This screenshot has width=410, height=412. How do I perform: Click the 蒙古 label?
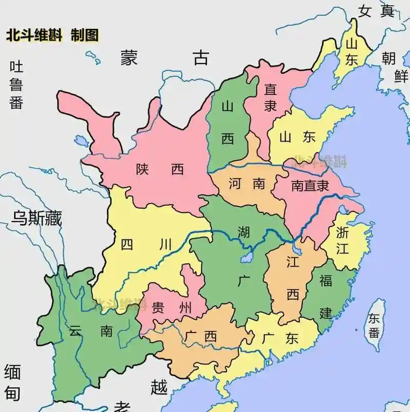(x=165, y=57)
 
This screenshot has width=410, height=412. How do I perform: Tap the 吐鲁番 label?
(x=16, y=85)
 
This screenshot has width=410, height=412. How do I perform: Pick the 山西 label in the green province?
(x=228, y=123)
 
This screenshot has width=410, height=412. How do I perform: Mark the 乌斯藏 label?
(x=36, y=219)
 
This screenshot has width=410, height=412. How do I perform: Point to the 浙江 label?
(x=342, y=240)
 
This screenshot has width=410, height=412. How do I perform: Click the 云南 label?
(x=90, y=330)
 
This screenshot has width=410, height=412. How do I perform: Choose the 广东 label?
(x=280, y=339)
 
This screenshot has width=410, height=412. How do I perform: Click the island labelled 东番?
(x=374, y=325)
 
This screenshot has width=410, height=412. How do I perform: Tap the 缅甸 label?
(x=12, y=382)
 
